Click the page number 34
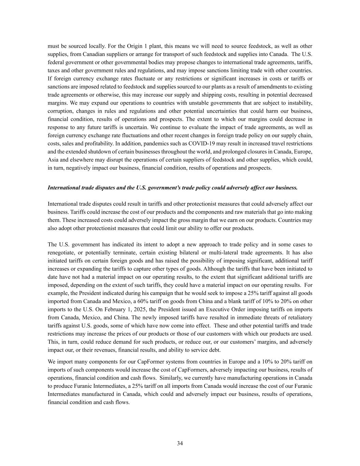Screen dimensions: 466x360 (x=180, y=443)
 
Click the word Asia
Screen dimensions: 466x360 (x=53, y=160)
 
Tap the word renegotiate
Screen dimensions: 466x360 (x=61, y=253)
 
